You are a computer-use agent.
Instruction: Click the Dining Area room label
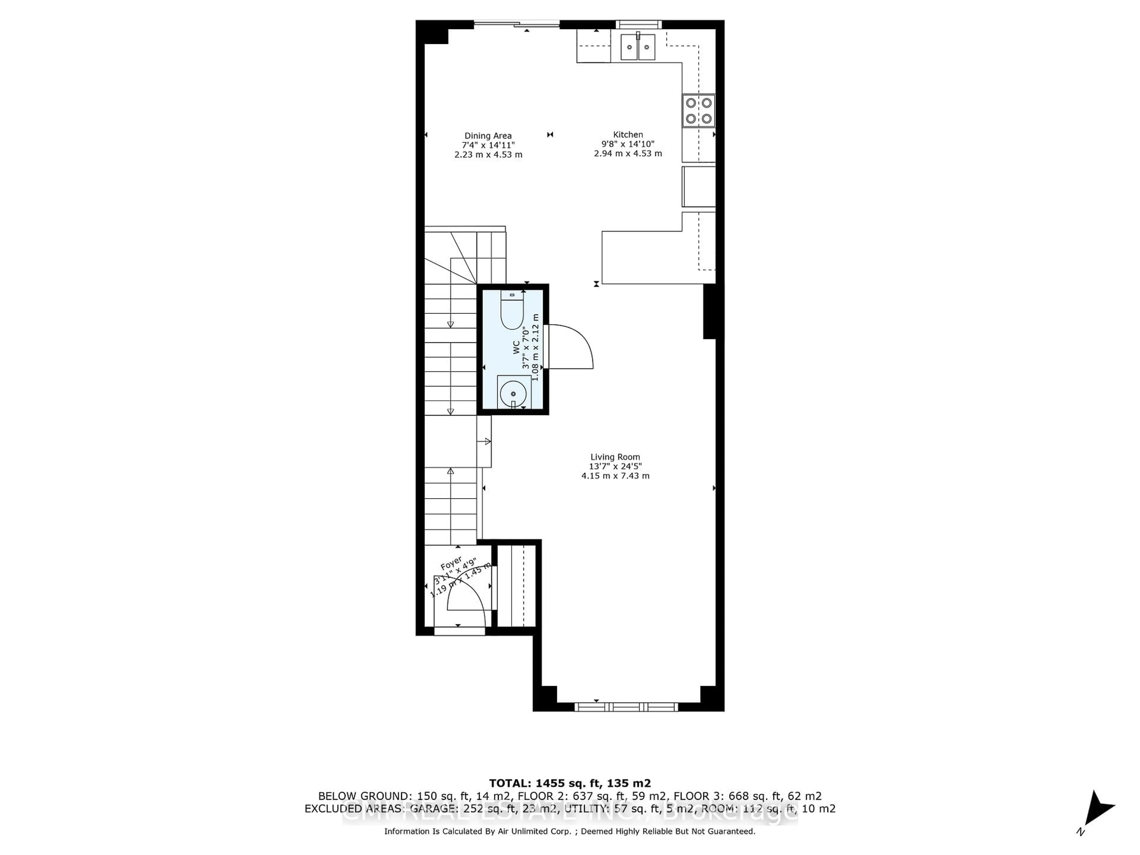[x=488, y=136]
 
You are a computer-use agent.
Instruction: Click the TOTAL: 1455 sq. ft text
[x=569, y=783]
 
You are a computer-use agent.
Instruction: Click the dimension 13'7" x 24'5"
[x=615, y=466]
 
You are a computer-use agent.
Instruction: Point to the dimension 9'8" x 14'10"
[x=628, y=144]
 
